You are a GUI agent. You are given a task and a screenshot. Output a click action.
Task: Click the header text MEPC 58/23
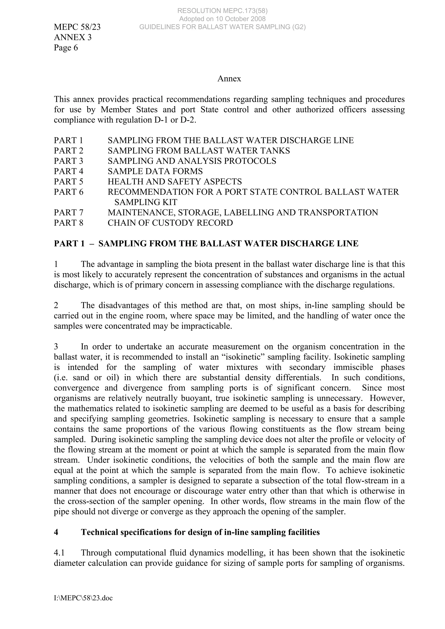[77, 27]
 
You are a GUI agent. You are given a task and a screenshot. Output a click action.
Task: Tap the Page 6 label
[66, 48]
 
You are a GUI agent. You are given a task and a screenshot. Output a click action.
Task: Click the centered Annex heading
[229, 79]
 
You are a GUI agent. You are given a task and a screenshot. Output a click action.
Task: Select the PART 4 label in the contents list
[68, 171]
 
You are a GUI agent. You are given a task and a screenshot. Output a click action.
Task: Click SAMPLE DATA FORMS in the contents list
[155, 171]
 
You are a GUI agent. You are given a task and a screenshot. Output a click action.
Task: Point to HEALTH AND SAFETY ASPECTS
[175, 182]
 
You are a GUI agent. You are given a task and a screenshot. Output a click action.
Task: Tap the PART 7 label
[68, 212]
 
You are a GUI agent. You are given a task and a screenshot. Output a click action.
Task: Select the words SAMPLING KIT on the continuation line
[146, 202]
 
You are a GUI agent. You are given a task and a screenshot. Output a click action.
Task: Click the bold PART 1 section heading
[206, 244]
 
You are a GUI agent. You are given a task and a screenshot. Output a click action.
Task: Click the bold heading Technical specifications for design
[200, 532]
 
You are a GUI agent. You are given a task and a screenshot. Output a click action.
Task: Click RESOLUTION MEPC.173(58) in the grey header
[222, 11]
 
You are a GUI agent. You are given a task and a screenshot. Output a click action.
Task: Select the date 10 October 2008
[239, 19]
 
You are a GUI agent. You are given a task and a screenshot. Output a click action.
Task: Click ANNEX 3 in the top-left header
[73, 37]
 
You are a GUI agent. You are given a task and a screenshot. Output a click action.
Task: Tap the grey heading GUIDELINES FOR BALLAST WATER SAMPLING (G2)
[222, 27]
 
